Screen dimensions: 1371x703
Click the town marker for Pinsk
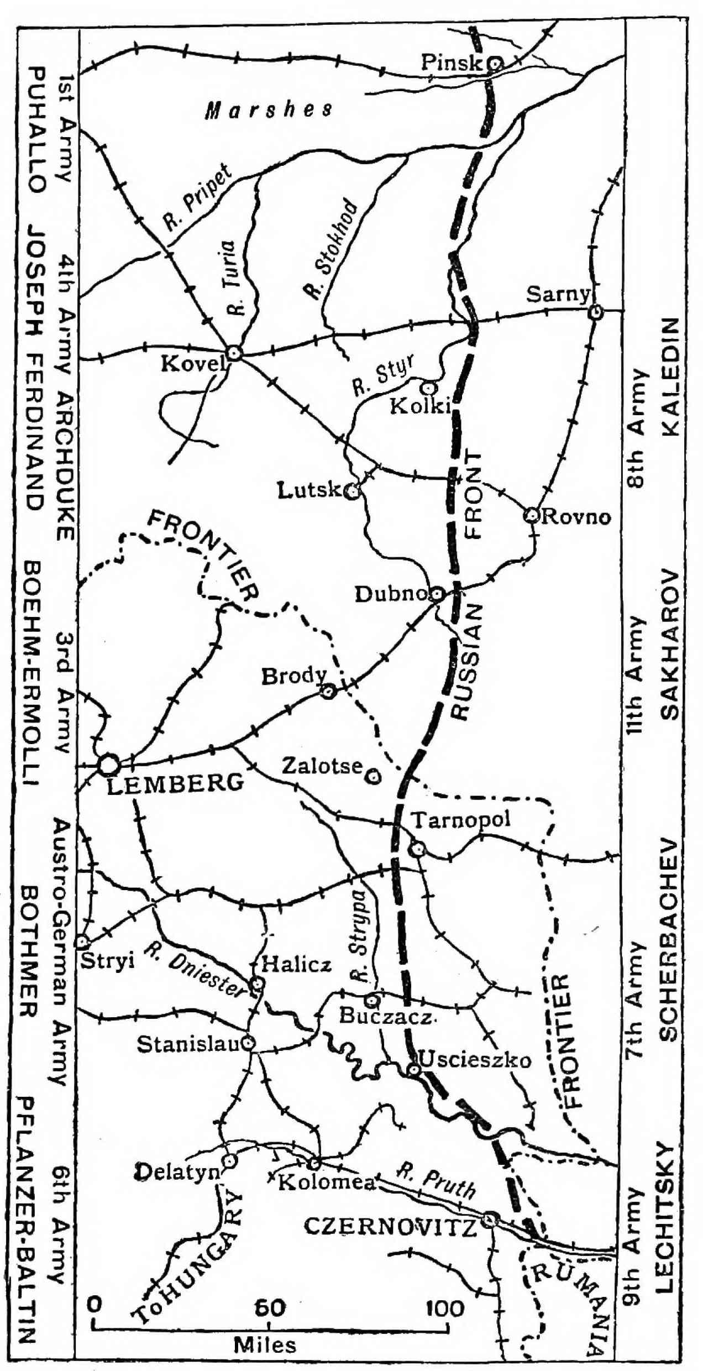click(x=495, y=64)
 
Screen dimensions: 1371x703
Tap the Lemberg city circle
click(x=109, y=765)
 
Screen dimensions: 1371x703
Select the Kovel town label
click(x=193, y=364)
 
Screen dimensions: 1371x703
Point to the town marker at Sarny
click(x=595, y=312)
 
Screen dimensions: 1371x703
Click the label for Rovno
click(x=576, y=517)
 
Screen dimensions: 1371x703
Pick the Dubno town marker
click(x=437, y=594)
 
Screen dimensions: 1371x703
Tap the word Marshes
click(x=269, y=110)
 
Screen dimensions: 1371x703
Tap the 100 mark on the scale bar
click(x=445, y=1309)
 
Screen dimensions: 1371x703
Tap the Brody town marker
click(x=329, y=691)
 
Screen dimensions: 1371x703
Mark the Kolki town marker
click(x=429, y=388)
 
